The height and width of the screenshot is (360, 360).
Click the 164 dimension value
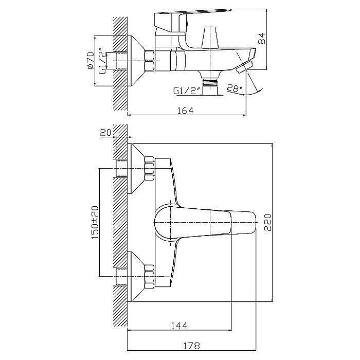(x=186, y=111)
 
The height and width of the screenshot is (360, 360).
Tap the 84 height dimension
(x=262, y=39)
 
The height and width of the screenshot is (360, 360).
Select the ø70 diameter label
(x=91, y=60)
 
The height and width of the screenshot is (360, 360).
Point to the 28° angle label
(x=235, y=88)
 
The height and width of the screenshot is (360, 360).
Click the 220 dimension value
(x=268, y=223)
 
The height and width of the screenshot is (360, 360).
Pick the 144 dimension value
(x=179, y=325)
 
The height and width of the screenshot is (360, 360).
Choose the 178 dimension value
(x=191, y=346)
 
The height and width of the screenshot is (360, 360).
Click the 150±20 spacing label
(x=95, y=222)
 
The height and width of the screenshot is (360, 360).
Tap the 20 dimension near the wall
(x=105, y=133)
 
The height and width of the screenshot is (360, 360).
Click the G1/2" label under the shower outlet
(x=187, y=91)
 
